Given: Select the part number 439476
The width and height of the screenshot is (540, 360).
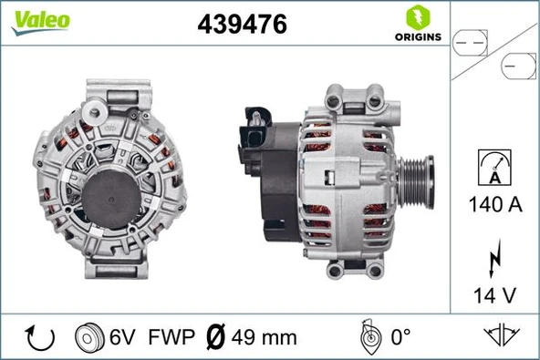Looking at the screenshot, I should pyautogui.click(x=243, y=26).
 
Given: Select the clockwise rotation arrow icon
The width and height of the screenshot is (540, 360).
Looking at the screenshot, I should pyautogui.click(x=41, y=337).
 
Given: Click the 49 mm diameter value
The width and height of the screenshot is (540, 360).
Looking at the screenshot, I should pyautogui.click(x=265, y=338).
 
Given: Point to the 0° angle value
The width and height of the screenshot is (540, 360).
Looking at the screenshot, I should pyautogui.click(x=400, y=338).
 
